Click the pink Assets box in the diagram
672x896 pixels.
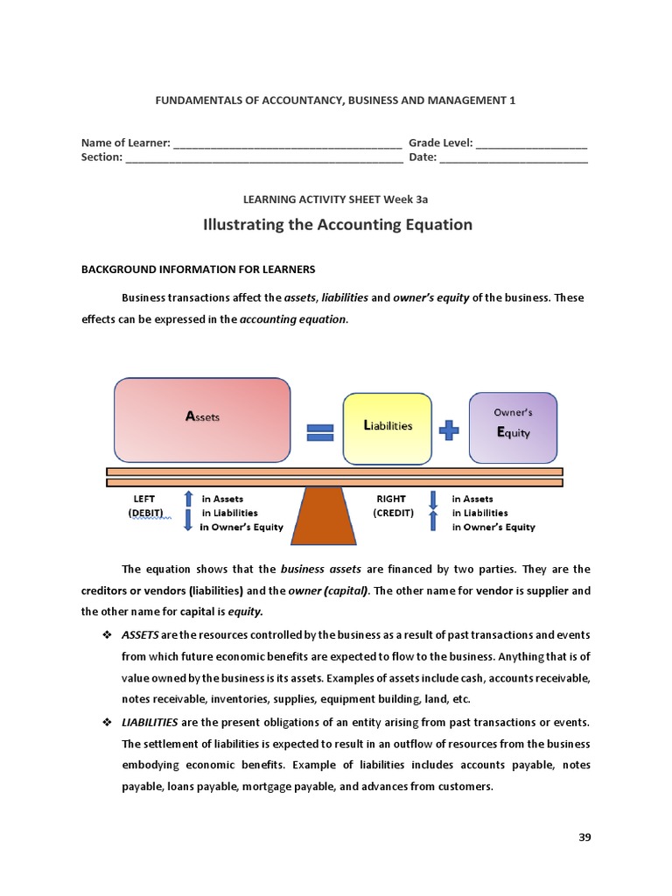(x=202, y=419)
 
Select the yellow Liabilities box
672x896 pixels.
(x=388, y=427)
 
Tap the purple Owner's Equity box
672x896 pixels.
(x=513, y=427)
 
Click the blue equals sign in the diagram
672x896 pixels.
(x=319, y=432)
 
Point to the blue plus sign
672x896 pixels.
(x=449, y=429)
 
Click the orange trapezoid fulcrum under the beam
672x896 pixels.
(x=324, y=516)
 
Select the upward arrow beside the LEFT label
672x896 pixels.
(x=188, y=499)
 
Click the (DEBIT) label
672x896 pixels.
(x=149, y=513)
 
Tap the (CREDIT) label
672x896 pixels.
(x=393, y=513)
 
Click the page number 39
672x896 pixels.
(x=585, y=837)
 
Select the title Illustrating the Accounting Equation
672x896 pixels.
(x=337, y=225)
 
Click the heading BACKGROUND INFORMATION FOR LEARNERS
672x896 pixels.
(x=198, y=269)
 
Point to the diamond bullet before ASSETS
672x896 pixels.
(x=107, y=634)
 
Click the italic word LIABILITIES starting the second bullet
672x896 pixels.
(x=150, y=722)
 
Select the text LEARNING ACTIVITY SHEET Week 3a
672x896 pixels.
(x=336, y=199)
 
